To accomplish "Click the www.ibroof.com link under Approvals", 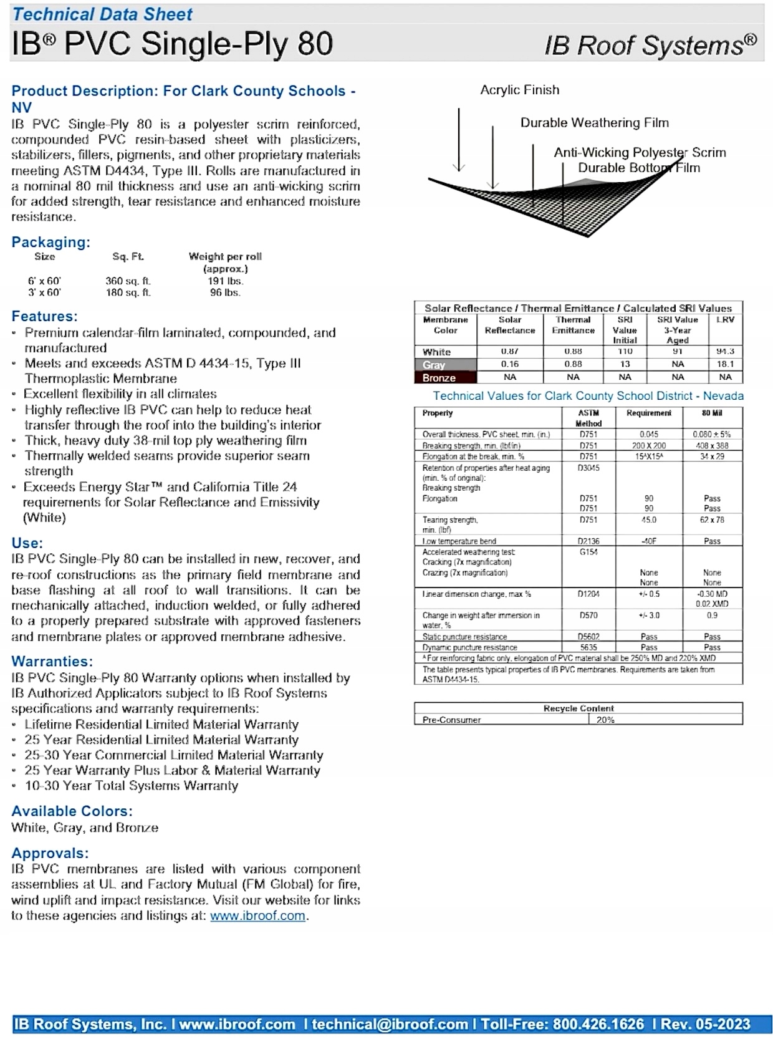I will pos(257,916).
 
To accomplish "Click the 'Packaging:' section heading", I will pos(50,242).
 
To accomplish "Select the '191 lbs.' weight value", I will pos(225,281).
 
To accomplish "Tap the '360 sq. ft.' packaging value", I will pos(128,281).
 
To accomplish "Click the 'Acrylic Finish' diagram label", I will pos(519,90).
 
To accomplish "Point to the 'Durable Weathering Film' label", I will pos(594,123).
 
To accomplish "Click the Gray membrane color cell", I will pos(445,365).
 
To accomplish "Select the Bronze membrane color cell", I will pos(445,378).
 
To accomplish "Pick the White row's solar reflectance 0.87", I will pos(509,352).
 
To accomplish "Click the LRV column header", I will pos(725,320).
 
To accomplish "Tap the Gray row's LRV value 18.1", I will pos(725,364).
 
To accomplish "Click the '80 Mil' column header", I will pos(712,413).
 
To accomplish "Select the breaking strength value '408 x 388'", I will pos(712,446).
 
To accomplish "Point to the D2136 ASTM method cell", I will pos(588,541).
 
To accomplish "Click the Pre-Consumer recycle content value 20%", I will pos(605,720).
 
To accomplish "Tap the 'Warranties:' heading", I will pos(52,661).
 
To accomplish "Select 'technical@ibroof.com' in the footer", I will pos(390,1024).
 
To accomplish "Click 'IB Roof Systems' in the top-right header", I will pos(650,46).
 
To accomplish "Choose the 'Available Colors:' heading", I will pos(72,811).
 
